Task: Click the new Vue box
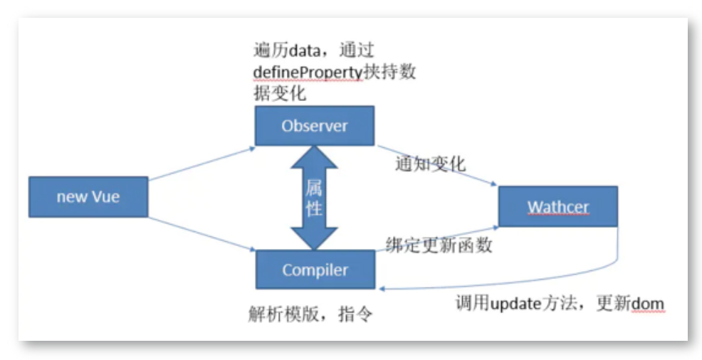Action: tap(88, 197)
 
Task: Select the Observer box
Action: tap(314, 126)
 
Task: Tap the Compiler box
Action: tap(315, 270)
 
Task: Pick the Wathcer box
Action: tap(558, 206)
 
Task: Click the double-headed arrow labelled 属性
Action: tap(314, 198)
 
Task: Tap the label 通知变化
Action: tap(430, 164)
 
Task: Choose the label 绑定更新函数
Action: tap(439, 245)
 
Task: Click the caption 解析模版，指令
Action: tap(310, 314)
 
